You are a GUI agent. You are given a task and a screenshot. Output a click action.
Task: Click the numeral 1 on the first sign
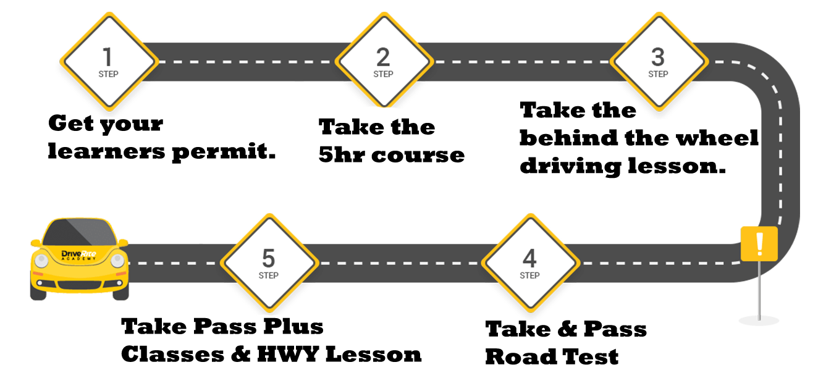pos(108,57)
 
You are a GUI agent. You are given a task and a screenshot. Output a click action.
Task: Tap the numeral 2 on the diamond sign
pos(383,57)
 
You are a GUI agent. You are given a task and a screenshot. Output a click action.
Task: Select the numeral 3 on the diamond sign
pos(658,57)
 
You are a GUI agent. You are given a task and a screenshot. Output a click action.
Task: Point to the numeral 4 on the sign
pos(529,258)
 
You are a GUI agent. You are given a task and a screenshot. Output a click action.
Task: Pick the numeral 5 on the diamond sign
pos(269,258)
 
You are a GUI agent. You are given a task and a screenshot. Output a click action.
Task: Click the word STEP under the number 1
pos(108,74)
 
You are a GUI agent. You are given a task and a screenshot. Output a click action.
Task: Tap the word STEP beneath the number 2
pos(383,74)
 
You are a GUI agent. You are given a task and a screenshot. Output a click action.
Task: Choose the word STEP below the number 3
pos(658,74)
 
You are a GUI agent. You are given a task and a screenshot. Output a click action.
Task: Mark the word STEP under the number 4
pos(529,275)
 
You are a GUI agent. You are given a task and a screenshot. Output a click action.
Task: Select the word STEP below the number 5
pos(269,275)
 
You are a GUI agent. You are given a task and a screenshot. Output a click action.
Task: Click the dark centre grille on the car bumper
pos(79,284)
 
